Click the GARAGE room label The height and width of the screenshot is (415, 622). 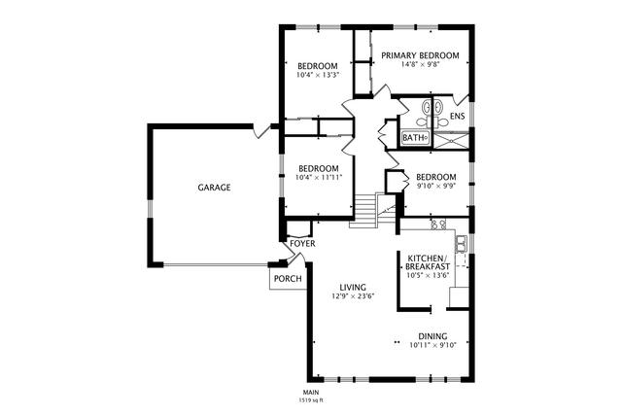click(214, 188)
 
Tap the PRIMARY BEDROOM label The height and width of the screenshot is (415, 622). click(420, 55)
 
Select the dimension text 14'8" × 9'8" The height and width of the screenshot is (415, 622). click(421, 65)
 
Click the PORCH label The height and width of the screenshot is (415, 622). click(288, 279)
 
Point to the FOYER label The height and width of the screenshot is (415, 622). click(302, 243)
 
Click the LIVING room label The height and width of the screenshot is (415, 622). click(353, 288)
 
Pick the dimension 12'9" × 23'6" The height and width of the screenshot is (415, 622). click(353, 296)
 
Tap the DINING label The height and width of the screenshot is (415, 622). click(432, 336)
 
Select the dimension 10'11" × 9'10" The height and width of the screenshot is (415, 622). click(432, 345)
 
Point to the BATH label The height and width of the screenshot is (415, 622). click(413, 138)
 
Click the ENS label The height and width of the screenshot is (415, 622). click(458, 117)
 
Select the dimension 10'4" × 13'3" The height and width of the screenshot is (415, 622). click(318, 75)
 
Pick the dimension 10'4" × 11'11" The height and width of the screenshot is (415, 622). click(319, 177)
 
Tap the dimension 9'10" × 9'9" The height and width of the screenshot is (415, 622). click(436, 186)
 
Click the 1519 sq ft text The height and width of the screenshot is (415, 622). click(311, 400)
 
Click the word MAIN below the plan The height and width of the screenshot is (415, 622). click(311, 393)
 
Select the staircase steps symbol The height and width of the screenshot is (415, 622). click(363, 211)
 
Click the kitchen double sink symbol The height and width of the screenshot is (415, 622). click(461, 244)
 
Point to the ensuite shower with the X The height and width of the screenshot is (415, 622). click(451, 141)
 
